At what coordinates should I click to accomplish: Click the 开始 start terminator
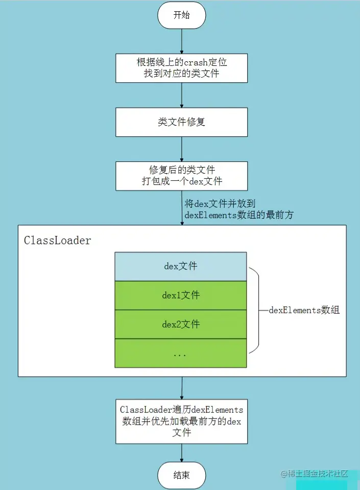(181, 15)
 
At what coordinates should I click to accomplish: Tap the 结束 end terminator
(181, 475)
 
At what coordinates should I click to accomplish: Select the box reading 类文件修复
(181, 122)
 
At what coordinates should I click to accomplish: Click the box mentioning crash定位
(181, 68)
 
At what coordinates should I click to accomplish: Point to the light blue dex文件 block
(181, 266)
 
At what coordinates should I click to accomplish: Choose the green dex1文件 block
(181, 295)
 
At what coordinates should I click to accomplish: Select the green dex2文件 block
(181, 324)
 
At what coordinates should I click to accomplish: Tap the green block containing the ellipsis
(181, 354)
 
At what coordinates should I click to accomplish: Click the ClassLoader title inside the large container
(58, 241)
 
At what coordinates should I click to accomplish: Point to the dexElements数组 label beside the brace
(304, 310)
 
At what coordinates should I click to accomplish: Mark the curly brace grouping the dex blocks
(255, 310)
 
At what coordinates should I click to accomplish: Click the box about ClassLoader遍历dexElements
(181, 422)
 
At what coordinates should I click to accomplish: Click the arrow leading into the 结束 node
(182, 453)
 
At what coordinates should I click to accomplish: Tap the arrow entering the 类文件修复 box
(182, 95)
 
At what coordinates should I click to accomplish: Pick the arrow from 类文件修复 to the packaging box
(182, 149)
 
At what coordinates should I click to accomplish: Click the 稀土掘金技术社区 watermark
(315, 474)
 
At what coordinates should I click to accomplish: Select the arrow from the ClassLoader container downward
(182, 388)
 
